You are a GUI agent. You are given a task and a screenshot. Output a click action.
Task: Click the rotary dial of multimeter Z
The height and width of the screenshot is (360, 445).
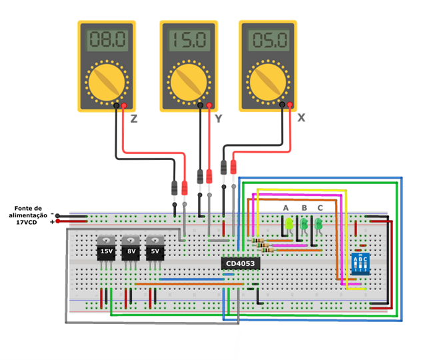[x=107, y=81]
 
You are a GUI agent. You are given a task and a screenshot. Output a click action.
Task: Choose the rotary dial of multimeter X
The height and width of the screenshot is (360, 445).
[x=268, y=81]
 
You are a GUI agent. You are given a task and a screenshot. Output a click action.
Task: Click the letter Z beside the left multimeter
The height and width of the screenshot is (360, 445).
[x=134, y=119]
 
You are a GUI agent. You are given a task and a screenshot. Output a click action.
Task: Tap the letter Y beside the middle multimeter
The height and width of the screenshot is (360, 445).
[x=217, y=119]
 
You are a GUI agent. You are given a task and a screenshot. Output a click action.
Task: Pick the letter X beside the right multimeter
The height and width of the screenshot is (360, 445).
[x=301, y=117]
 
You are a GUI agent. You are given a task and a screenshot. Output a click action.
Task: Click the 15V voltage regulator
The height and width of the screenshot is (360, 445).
[x=106, y=251]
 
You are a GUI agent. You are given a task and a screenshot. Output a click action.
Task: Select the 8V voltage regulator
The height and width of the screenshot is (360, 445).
[x=131, y=251]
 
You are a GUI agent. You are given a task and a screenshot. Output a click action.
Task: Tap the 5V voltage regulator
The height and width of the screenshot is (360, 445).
[x=155, y=251]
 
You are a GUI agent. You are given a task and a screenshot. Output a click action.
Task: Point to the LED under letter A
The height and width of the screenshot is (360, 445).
[x=289, y=225]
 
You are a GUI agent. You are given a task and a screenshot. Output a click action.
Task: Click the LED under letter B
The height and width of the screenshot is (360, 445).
[x=304, y=225]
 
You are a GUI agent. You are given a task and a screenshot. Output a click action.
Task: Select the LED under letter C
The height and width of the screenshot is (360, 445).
[x=318, y=225]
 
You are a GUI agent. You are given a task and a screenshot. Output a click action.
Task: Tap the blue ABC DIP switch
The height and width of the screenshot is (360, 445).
[x=360, y=264]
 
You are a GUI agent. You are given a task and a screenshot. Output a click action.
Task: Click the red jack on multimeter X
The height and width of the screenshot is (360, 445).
[x=289, y=105]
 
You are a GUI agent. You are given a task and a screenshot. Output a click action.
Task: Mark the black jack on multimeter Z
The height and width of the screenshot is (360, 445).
[x=116, y=105]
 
